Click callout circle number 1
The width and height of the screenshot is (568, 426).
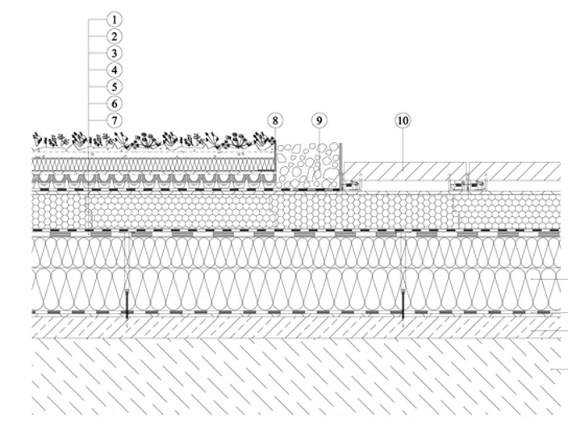click(115, 19)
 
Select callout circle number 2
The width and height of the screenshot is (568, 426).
click(115, 36)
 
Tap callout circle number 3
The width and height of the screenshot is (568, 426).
click(115, 53)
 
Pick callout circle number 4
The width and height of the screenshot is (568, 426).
click(115, 70)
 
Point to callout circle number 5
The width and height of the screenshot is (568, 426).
click(115, 87)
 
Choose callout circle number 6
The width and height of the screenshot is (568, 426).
click(115, 103)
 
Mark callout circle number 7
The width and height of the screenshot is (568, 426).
click(115, 120)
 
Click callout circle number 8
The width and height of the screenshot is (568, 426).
click(275, 120)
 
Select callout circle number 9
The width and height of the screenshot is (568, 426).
click(319, 120)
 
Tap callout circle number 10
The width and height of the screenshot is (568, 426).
click(403, 120)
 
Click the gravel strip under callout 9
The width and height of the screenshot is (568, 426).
click(308, 165)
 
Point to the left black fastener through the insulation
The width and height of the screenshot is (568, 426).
click(127, 303)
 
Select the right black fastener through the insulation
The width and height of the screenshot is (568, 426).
click(403, 303)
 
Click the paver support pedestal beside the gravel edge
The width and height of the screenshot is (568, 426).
click(352, 185)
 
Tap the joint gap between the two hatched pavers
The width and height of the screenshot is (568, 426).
click(468, 171)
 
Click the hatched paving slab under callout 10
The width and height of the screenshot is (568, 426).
click(405, 171)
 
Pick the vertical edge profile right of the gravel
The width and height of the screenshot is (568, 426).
click(340, 166)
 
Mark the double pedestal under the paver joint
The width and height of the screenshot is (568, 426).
click(467, 185)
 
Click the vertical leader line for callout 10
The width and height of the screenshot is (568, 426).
click(403, 148)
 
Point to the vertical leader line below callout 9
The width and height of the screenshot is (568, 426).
click(319, 148)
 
